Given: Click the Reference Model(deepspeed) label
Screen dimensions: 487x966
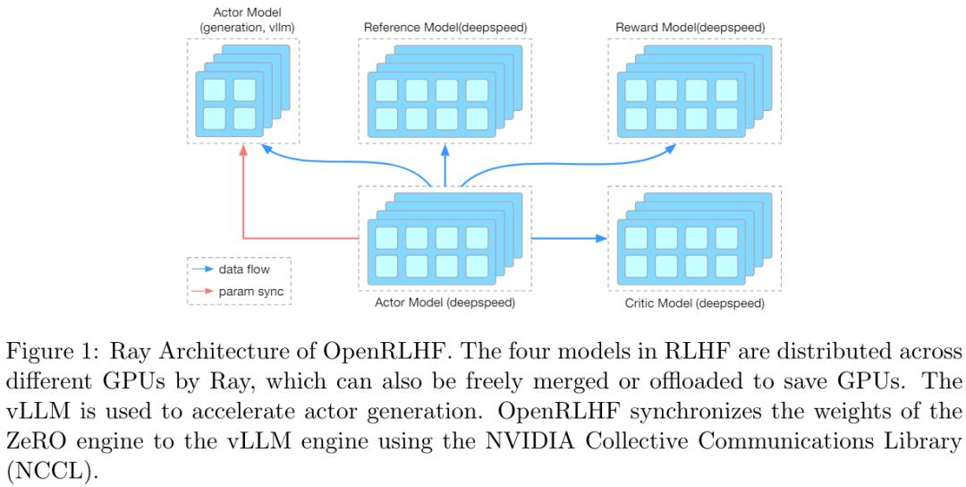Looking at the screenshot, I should [x=445, y=28].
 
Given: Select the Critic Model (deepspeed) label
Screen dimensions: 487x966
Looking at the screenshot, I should [x=694, y=303].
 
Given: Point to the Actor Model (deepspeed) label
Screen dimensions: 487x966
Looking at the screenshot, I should [x=445, y=303].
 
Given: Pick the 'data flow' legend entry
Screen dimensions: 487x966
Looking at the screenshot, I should [x=243, y=269].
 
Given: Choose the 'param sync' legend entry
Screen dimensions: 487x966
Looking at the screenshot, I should [x=248, y=291].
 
